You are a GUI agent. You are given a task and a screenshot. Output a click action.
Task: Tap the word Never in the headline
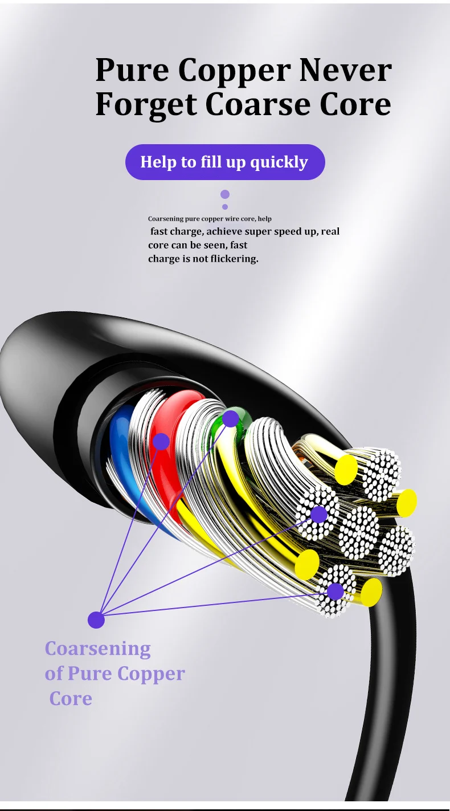click(x=346, y=70)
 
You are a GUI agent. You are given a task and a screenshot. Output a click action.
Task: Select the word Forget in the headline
click(x=146, y=105)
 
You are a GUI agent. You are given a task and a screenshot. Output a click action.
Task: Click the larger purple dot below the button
click(x=225, y=194)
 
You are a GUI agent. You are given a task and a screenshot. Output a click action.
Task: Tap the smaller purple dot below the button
click(x=225, y=207)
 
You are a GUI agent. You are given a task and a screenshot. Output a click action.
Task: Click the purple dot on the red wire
click(x=161, y=442)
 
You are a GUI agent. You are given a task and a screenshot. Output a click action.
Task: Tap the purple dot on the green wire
click(x=231, y=419)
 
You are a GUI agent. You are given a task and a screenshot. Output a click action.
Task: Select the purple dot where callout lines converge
click(x=96, y=620)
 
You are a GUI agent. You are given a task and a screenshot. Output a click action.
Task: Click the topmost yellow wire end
click(x=346, y=470)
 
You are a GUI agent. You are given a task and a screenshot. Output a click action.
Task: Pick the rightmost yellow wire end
click(x=407, y=503)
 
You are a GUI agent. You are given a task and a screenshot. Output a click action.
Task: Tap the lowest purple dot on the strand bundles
click(x=336, y=592)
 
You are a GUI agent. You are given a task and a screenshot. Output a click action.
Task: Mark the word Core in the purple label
click(x=71, y=699)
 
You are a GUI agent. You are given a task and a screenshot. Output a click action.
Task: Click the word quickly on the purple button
click(x=279, y=162)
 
